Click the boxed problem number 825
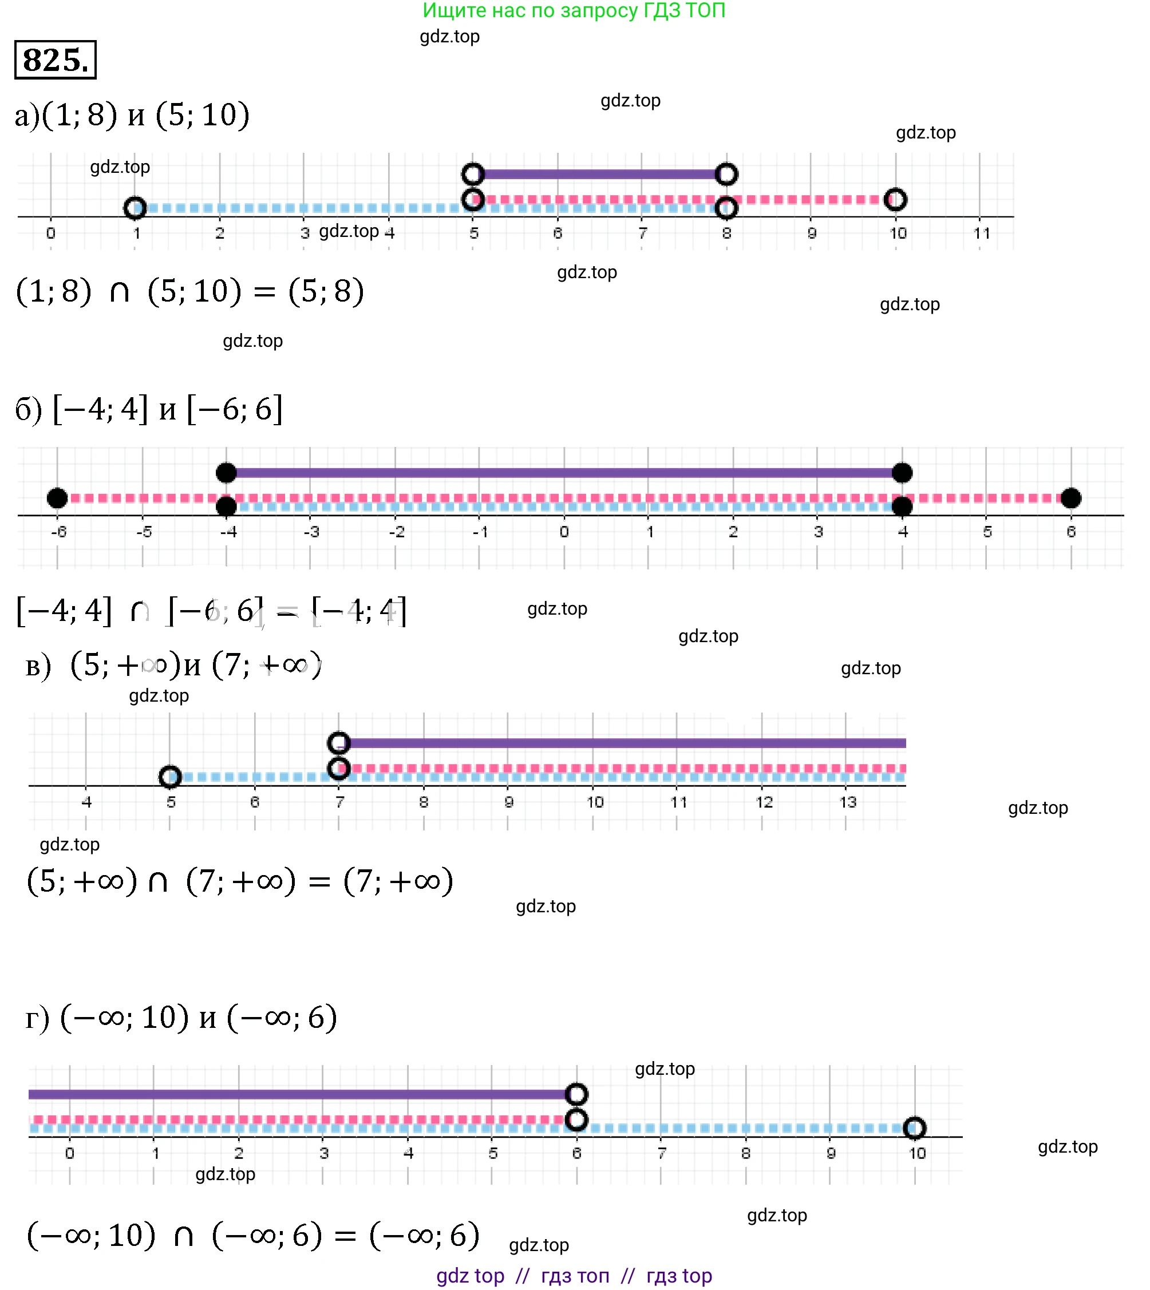click(x=56, y=60)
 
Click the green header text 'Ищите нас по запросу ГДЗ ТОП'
click(x=574, y=10)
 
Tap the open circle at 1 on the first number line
click(x=135, y=208)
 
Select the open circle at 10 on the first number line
click(x=895, y=200)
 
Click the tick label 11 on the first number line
click(x=981, y=233)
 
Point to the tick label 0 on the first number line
click(x=50, y=233)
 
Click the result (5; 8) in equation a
click(x=326, y=292)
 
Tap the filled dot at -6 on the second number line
click(x=57, y=498)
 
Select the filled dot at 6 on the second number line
click(x=1071, y=498)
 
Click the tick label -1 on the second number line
click(x=480, y=532)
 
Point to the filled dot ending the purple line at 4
click(x=902, y=473)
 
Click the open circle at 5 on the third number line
click(x=170, y=777)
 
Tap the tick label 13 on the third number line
click(x=847, y=802)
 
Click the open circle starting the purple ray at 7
click(x=339, y=743)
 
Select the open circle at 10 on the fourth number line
click(x=914, y=1127)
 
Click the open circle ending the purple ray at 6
click(x=576, y=1094)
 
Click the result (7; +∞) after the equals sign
click(x=398, y=881)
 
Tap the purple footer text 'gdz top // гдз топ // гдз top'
click(x=574, y=1276)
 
